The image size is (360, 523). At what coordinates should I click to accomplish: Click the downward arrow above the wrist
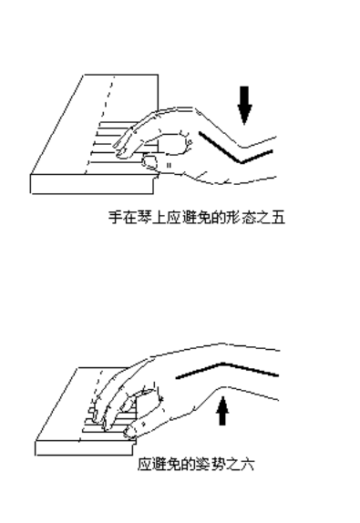pos(243,104)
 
